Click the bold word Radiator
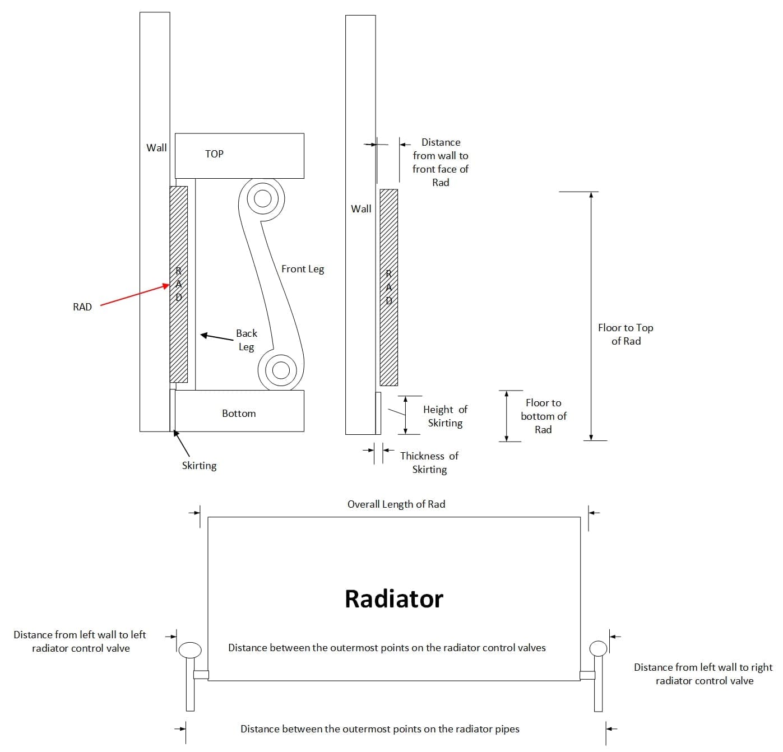tap(393, 598)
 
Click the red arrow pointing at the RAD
tap(135, 295)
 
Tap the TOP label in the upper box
tap(214, 154)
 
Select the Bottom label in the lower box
tap(239, 414)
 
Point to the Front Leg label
tap(303, 269)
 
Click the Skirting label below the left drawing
tap(199, 466)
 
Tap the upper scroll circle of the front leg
tap(262, 198)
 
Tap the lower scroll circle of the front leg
tap(280, 369)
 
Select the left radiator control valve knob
tap(190, 650)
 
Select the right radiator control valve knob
tap(599, 648)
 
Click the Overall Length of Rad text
tap(396, 504)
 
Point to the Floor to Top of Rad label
tap(626, 335)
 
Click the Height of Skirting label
tap(445, 416)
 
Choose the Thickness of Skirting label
tap(429, 463)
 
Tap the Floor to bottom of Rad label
tap(543, 416)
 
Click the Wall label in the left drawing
tap(156, 148)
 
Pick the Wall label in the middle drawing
tap(361, 209)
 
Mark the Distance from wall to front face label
tap(441, 163)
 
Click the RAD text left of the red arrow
tap(82, 307)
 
